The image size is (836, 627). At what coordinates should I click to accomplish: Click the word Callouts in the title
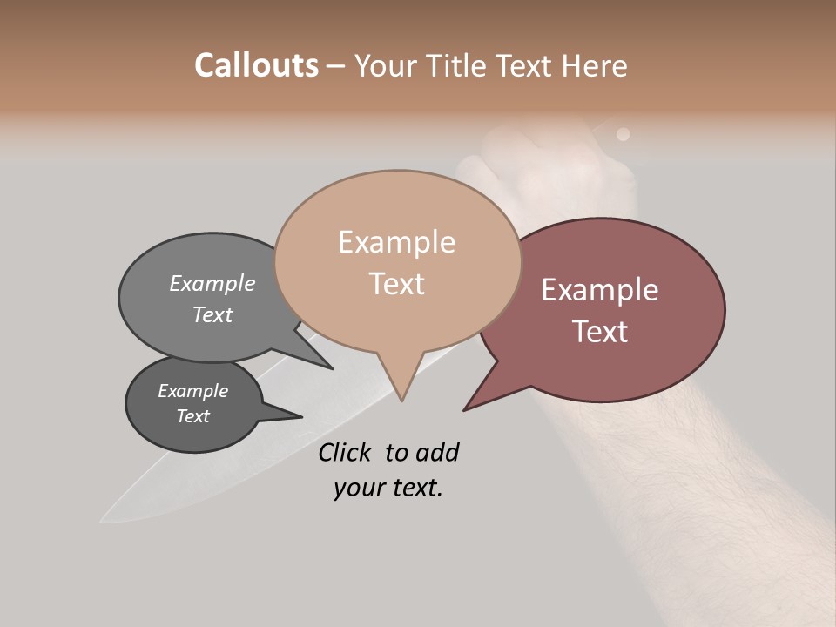click(x=256, y=65)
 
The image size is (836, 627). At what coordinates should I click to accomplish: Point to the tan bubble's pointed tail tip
click(x=401, y=401)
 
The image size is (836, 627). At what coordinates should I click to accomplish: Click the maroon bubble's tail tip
click(x=464, y=410)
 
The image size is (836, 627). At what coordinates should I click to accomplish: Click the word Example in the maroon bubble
click(x=600, y=290)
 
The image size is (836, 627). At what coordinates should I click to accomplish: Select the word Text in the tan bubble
click(x=397, y=284)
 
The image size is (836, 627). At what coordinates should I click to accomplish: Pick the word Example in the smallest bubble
click(x=193, y=391)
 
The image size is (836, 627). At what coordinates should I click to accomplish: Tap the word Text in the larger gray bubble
click(x=212, y=314)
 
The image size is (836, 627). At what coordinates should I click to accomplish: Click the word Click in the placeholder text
click(x=346, y=452)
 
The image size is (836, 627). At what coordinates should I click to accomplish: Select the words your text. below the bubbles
click(x=388, y=489)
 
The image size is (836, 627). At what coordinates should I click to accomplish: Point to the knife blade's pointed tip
click(x=102, y=520)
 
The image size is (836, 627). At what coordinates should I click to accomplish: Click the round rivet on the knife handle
click(x=623, y=134)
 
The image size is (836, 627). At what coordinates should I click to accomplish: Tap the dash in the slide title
click(x=336, y=66)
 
